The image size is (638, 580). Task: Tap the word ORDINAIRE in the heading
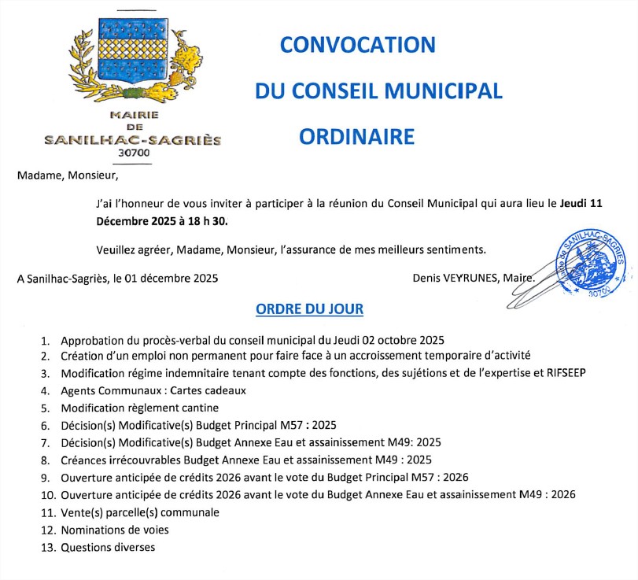tap(356, 136)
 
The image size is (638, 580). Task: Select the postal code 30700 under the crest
tap(133, 153)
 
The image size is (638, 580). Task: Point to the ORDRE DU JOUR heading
tap(310, 308)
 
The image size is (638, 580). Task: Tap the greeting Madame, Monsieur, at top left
tap(67, 175)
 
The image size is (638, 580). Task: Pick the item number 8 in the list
tap(45, 460)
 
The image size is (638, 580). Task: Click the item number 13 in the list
tap(46, 547)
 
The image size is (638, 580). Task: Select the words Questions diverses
tap(108, 547)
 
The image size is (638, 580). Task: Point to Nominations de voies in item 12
tap(115, 530)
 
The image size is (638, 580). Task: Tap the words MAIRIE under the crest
tap(134, 115)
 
